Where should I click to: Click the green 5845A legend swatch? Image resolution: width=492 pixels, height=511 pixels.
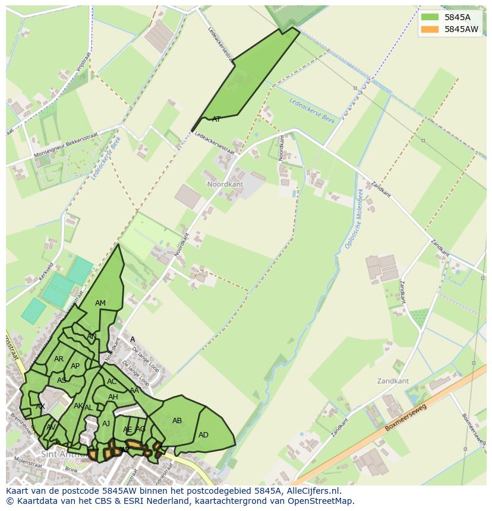pos(430,17)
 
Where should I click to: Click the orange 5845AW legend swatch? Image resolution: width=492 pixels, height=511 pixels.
pos(430,29)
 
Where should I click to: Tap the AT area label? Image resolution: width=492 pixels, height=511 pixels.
pos(216,119)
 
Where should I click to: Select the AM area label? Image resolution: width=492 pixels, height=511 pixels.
pos(100,303)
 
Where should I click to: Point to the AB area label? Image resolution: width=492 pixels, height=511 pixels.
pos(177,421)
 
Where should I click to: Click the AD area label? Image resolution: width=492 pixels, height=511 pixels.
pos(203,435)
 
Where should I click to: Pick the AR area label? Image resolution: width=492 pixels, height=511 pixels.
pos(59,359)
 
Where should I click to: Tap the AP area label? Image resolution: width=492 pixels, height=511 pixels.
pos(75,366)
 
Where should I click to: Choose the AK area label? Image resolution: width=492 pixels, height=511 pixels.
pos(78,406)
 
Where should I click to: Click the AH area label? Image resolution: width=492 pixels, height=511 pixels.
pos(113,397)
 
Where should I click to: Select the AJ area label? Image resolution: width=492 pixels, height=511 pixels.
pos(106,424)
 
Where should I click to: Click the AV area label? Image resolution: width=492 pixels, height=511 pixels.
pos(51,427)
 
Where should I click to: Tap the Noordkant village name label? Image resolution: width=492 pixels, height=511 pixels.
pos(225,185)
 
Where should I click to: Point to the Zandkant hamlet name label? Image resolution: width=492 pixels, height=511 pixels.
pos(393,380)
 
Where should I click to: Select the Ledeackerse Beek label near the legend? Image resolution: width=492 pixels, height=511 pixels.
pos(312,110)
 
